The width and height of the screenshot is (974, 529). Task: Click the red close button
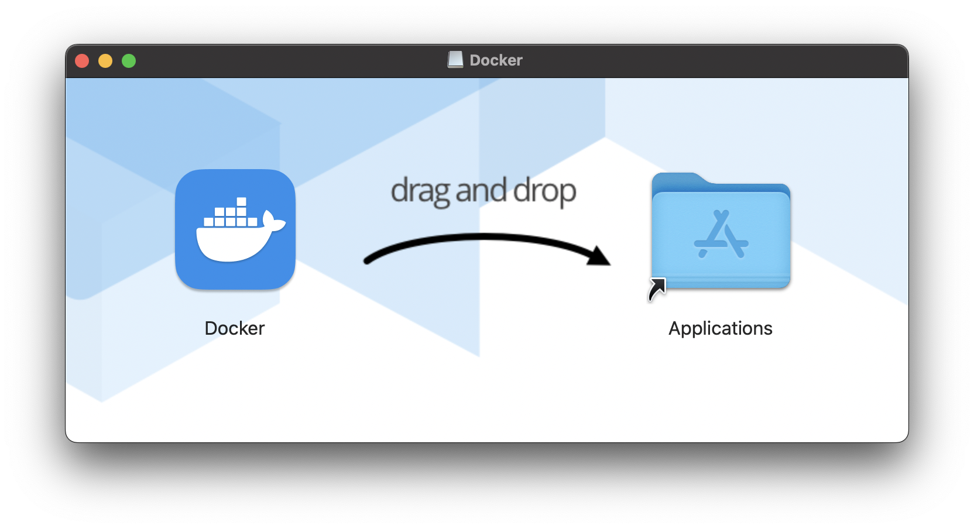pos(82,61)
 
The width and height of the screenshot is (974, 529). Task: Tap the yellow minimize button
pos(105,61)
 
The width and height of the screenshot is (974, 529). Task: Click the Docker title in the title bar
pos(496,60)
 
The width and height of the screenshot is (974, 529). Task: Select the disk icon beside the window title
pos(455,60)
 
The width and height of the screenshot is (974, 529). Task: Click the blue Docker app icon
pos(235,229)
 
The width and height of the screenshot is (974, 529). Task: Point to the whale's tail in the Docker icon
pos(273,222)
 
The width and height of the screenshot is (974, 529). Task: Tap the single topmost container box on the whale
pos(242,202)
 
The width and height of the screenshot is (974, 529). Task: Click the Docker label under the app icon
pos(235,328)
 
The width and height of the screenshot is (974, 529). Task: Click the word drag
pos(420,191)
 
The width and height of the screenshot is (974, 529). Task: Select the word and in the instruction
pos(481,191)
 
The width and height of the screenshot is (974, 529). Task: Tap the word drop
pos(545,191)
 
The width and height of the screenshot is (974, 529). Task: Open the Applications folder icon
pos(721,231)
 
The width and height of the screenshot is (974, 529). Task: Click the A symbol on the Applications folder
pos(721,235)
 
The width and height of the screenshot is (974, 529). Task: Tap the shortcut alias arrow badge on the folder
pos(657,289)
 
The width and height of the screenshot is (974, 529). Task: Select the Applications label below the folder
pos(721,328)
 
